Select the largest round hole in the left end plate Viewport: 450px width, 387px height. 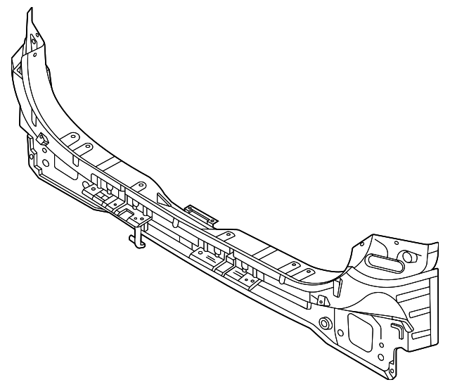46,163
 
